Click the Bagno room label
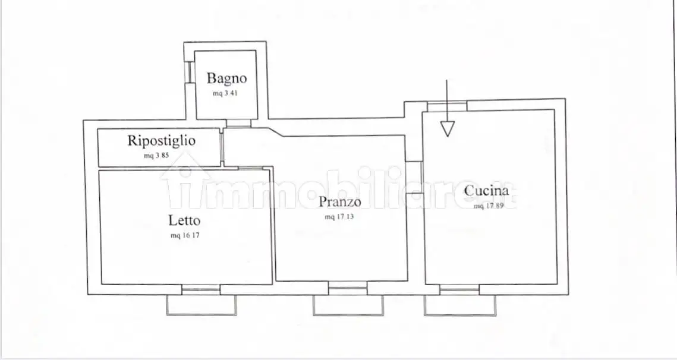click(x=226, y=78)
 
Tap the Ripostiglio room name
click(x=161, y=141)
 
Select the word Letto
click(x=184, y=220)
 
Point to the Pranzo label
click(x=340, y=201)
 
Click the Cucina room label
click(x=487, y=190)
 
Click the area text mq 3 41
click(x=225, y=93)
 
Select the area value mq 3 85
click(x=156, y=156)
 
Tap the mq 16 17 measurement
click(x=185, y=235)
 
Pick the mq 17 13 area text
click(x=339, y=216)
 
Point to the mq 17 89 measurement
click(x=489, y=206)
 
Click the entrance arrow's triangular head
click(x=448, y=129)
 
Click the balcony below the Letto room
click(x=201, y=305)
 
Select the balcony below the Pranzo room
click(x=348, y=305)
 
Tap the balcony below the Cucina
click(x=460, y=305)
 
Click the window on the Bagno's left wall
click(x=189, y=72)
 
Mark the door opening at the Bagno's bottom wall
click(x=238, y=123)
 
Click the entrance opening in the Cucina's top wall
click(x=447, y=106)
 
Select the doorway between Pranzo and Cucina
click(x=414, y=178)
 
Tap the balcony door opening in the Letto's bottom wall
click(x=201, y=290)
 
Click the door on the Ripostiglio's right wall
click(x=222, y=147)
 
